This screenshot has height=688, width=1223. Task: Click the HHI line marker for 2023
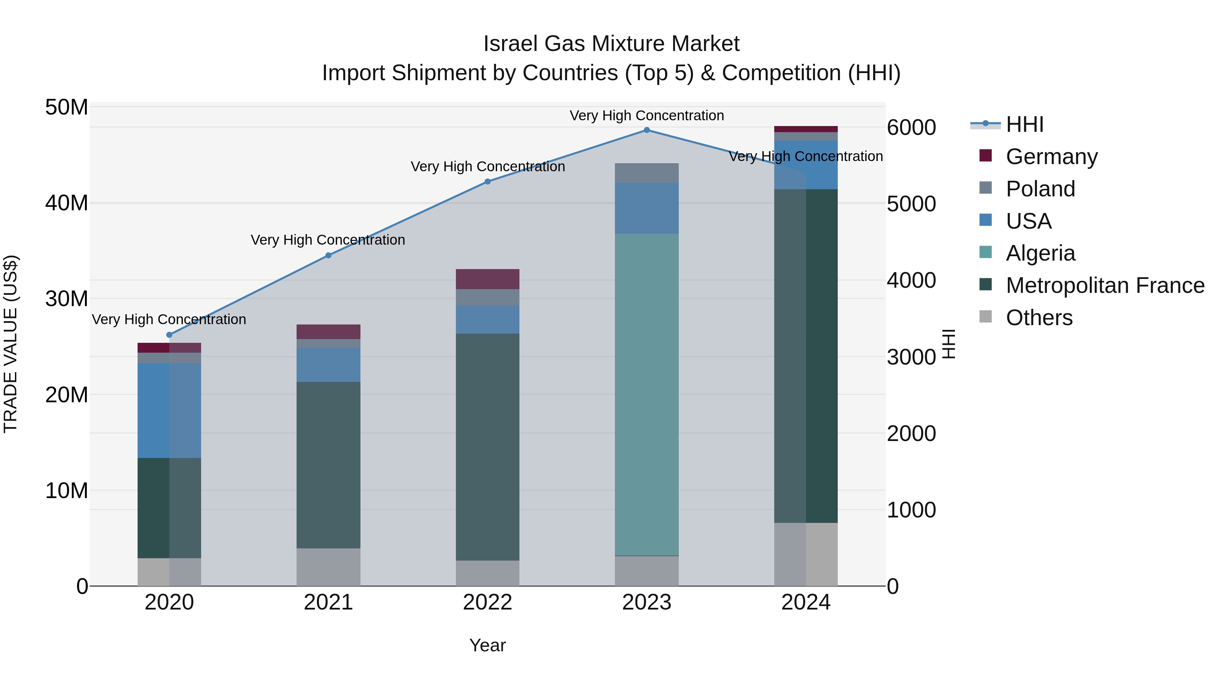point(646,130)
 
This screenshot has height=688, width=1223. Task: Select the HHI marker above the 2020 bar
point(170,335)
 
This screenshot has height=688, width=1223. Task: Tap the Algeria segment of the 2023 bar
point(646,394)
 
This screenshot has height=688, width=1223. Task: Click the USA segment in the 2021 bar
point(329,365)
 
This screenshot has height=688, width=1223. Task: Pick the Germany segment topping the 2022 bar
point(488,279)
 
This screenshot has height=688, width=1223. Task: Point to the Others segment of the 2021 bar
point(329,567)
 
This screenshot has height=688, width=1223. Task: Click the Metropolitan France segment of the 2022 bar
point(488,446)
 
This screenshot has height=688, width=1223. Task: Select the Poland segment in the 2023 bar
point(646,173)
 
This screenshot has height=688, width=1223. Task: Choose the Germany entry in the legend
point(1051,157)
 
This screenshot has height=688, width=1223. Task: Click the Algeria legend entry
point(1040,253)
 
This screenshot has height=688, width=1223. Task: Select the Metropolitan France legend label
point(1105,285)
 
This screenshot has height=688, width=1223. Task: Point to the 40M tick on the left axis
point(67,203)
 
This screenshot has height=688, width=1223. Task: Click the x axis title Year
point(488,645)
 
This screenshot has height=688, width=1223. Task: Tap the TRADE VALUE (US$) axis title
point(11,344)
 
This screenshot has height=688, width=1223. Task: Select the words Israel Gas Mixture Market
point(611,44)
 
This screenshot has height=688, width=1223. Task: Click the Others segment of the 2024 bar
point(806,554)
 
